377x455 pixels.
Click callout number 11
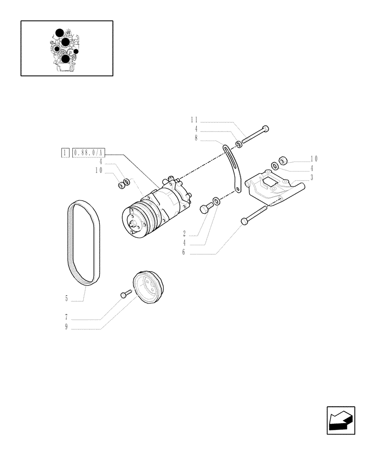[x=194, y=120]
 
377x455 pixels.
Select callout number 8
[x=196, y=137]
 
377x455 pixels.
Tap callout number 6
[x=183, y=252]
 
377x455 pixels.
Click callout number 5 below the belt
[x=66, y=299]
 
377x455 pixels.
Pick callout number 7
[x=66, y=317]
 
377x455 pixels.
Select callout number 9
[x=66, y=327]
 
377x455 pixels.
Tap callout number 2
[x=184, y=234]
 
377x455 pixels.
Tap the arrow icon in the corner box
[x=340, y=421]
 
